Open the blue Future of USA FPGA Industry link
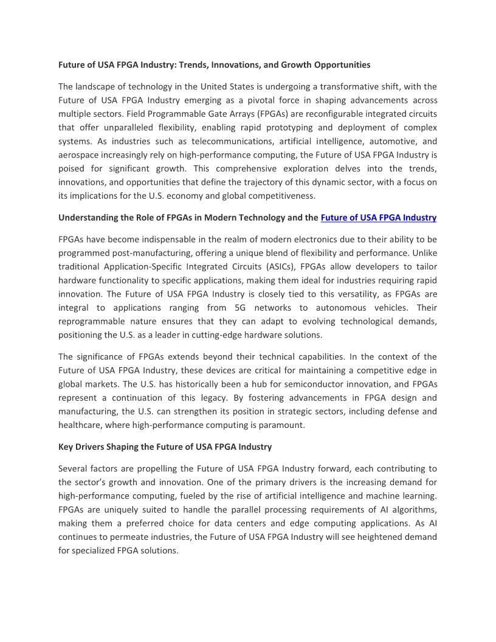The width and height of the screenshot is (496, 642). (x=378, y=218)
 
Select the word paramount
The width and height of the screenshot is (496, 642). (x=282, y=425)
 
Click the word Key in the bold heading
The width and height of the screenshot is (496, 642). (x=66, y=447)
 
